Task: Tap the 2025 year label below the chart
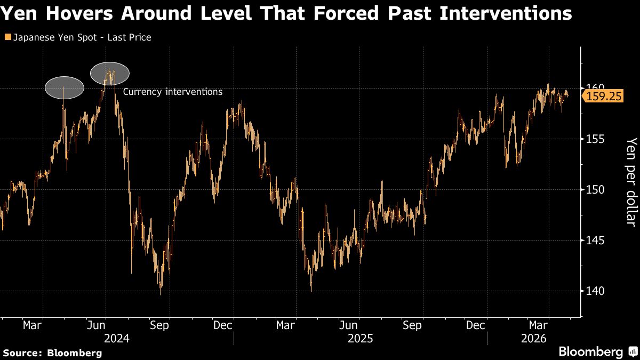[360, 338]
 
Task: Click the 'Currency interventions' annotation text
[173, 92]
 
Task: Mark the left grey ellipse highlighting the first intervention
[65, 88]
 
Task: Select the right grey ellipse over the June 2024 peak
[110, 73]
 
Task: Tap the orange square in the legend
[6, 37]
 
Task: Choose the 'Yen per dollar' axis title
[631, 182]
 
